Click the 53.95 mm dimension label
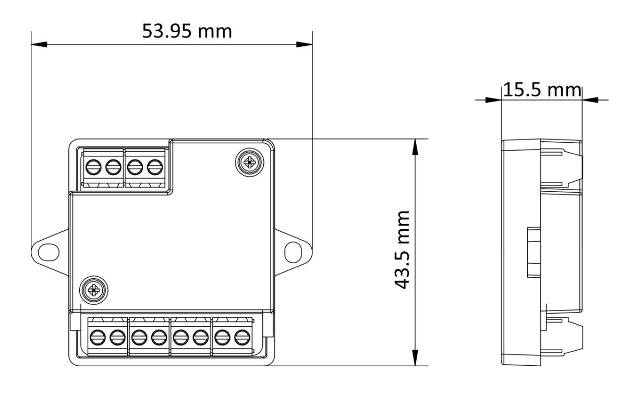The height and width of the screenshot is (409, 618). click(187, 31)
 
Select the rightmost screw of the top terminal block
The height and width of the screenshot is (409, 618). click(154, 168)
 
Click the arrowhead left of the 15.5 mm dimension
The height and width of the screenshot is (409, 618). click(493, 99)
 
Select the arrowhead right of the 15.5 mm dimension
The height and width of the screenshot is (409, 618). click(590, 99)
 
